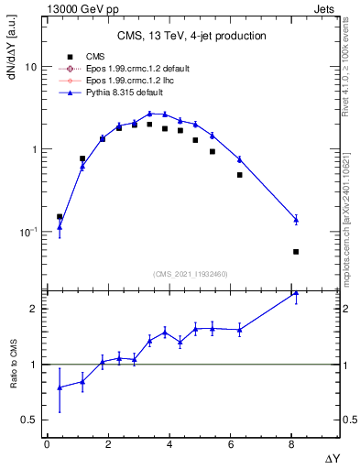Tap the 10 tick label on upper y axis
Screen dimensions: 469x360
pyautogui.click(x=30, y=68)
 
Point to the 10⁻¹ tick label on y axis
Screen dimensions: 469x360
pyautogui.click(x=27, y=232)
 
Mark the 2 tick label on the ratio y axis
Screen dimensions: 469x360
pyautogui.click(x=33, y=309)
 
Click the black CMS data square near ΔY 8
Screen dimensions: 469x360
pyautogui.click(x=296, y=252)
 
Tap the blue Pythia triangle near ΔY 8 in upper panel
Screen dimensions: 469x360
pyautogui.click(x=296, y=219)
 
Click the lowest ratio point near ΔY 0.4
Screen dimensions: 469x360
pyautogui.click(x=60, y=387)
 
